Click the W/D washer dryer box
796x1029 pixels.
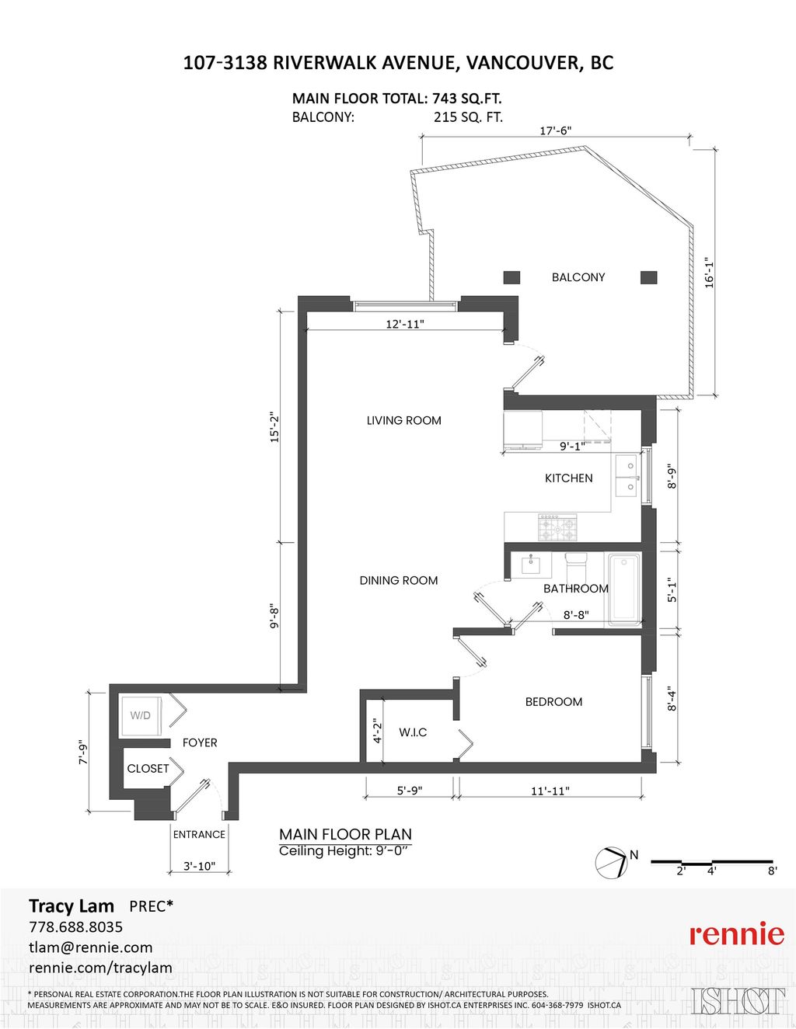pos(141,715)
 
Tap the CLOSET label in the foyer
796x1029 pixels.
pos(148,768)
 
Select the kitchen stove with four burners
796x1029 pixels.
pos(557,528)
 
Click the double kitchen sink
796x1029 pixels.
pos(626,476)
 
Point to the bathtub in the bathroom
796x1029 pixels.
pos(623,588)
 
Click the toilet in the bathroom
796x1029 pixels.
pos(577,561)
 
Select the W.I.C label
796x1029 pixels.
pos(413,732)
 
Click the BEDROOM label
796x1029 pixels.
pos(553,701)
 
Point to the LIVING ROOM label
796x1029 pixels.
pos(403,420)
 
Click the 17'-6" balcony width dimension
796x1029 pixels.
pos(555,130)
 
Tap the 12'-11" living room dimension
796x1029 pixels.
pos(404,324)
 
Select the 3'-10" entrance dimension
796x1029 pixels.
pos(199,866)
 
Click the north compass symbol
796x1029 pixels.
pos(611,862)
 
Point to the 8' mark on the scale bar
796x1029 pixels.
pos(772,871)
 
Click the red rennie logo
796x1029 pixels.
pos(736,933)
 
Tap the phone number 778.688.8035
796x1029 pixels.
pos(75,926)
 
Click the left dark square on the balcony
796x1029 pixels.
pos(511,277)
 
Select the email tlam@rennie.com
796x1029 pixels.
pos(90,947)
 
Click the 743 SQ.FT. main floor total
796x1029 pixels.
pos(466,99)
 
